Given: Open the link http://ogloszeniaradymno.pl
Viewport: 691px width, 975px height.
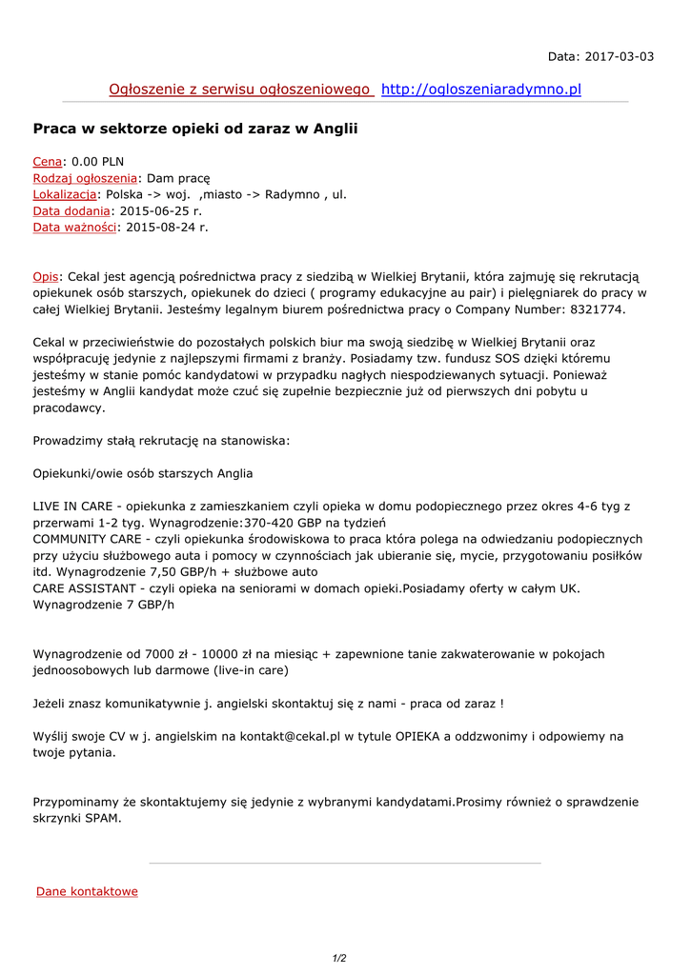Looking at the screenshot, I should (x=480, y=90).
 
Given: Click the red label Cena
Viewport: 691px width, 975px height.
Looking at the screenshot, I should (x=48, y=162).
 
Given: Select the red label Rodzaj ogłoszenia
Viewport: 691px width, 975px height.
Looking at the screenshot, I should (x=85, y=178).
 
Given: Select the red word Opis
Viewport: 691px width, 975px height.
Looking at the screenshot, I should (x=46, y=276).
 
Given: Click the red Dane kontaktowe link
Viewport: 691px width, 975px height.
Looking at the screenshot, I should (x=87, y=891).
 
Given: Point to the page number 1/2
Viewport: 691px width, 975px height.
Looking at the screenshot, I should (x=339, y=959).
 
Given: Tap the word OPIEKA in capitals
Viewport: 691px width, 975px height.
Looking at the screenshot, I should (x=422, y=736).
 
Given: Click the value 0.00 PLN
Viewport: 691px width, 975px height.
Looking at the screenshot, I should (x=98, y=162).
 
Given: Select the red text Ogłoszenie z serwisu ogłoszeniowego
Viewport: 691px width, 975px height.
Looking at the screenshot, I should (x=240, y=90).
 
